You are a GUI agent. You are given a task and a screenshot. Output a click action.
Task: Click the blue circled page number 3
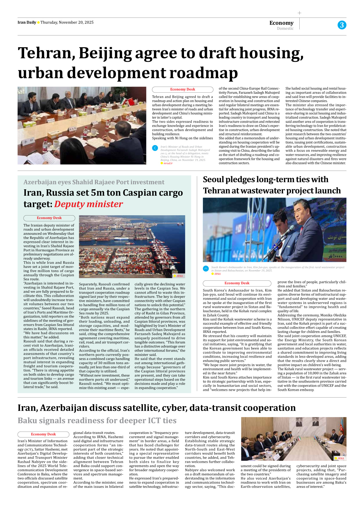click(x=342, y=25)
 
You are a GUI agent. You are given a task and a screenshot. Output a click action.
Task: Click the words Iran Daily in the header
click(x=27, y=22)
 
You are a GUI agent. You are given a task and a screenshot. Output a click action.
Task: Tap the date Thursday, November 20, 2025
click(x=67, y=22)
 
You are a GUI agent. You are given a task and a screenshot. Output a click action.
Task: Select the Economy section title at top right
click(x=281, y=23)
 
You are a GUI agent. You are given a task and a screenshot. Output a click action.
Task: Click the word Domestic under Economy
click(x=285, y=29)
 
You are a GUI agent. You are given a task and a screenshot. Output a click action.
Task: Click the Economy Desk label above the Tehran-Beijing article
click(x=183, y=89)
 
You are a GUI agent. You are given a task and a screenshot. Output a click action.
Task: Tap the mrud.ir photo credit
click(x=168, y=163)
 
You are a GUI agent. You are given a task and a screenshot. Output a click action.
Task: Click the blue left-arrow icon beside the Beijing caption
click(x=155, y=148)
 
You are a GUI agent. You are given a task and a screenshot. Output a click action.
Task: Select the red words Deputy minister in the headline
click(x=89, y=204)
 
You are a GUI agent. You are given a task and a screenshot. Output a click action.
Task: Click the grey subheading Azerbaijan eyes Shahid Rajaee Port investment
click(x=94, y=182)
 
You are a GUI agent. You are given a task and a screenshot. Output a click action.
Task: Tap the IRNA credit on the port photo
click(x=179, y=276)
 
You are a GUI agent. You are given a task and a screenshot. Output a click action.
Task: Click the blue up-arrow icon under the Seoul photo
click(x=206, y=269)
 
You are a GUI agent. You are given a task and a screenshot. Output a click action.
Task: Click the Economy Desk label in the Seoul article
click(x=237, y=283)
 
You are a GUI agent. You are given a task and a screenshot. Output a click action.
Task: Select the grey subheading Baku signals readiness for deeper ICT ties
click(x=97, y=421)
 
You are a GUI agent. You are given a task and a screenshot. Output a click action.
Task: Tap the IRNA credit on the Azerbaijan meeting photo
click(x=340, y=458)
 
